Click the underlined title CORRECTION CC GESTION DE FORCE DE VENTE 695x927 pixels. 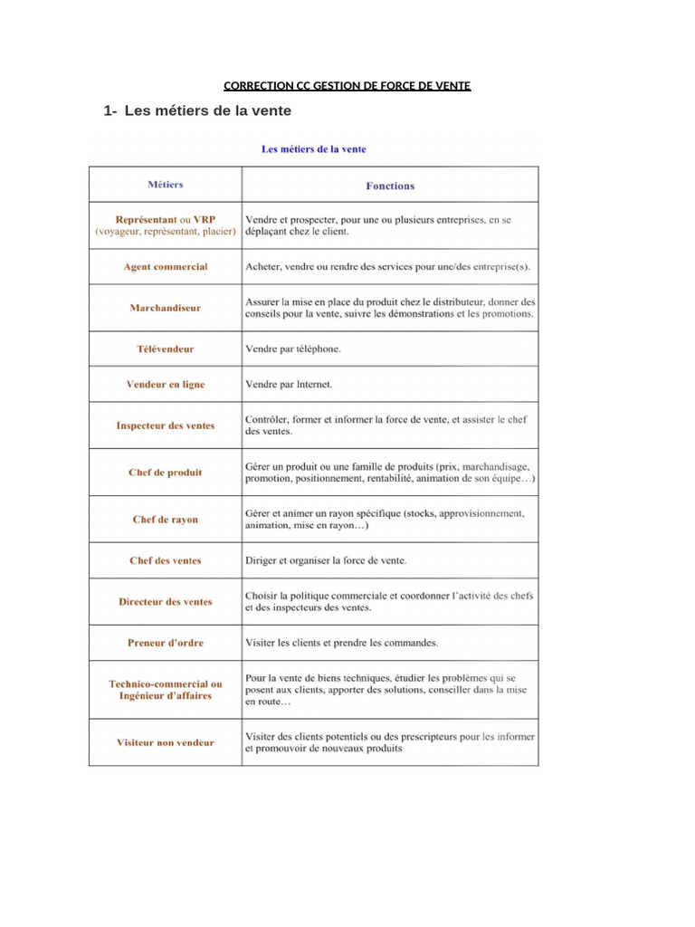[347, 86]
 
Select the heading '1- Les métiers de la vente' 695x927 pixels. [197, 111]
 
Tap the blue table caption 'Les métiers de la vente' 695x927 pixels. [314, 148]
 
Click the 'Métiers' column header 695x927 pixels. [165, 185]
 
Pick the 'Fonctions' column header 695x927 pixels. [390, 186]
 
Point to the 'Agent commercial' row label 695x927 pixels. [165, 267]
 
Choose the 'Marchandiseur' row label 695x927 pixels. [165, 308]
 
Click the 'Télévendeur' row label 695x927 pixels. [165, 349]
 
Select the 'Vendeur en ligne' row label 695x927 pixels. [165, 385]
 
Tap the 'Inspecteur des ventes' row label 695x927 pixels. [165, 425]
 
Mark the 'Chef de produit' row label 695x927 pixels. [165, 473]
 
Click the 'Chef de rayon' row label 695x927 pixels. [165, 520]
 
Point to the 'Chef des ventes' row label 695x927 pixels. [165, 560]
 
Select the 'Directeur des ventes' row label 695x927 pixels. [165, 602]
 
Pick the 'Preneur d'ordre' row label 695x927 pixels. [165, 643]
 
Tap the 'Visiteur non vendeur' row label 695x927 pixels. [165, 742]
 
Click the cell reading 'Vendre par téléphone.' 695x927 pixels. [293, 349]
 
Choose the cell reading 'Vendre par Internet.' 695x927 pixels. [289, 385]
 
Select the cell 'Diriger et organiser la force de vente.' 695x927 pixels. [326, 560]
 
